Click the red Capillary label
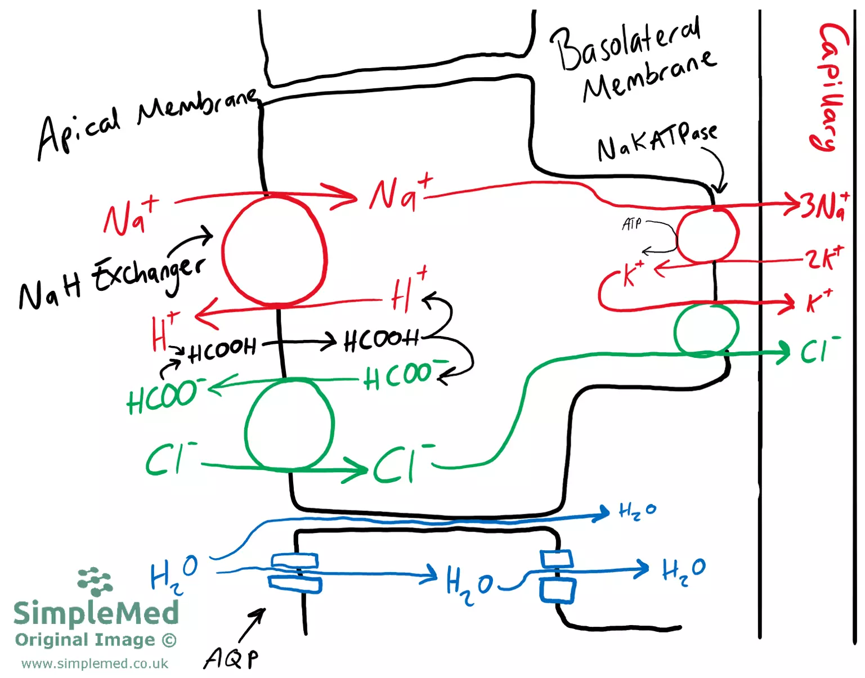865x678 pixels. point(832,87)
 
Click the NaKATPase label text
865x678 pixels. point(657,141)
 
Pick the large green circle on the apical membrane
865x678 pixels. point(289,424)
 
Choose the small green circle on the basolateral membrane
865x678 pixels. point(706,329)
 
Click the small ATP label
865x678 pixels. point(631,224)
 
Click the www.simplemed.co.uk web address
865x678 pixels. point(95,664)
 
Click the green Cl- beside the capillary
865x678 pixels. point(819,351)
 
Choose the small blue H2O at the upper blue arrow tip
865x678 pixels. point(637,511)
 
